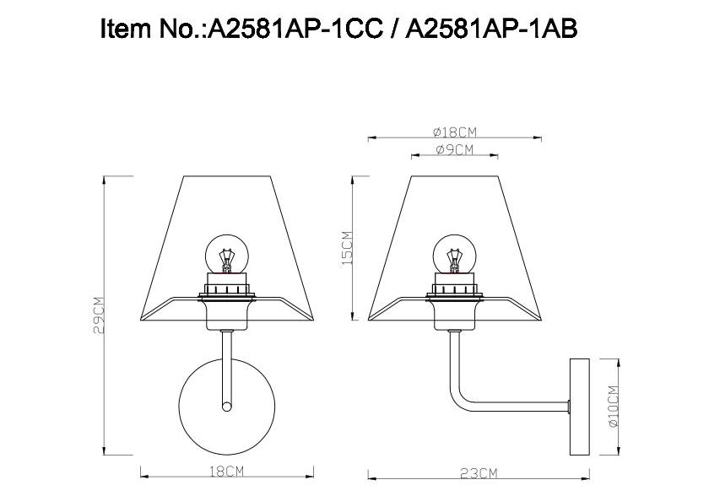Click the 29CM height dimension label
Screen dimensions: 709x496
(x=99, y=315)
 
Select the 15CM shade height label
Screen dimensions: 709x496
(x=347, y=248)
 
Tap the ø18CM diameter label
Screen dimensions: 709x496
(x=455, y=132)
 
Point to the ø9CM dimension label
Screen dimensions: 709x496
(x=455, y=149)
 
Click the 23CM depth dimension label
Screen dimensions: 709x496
(x=479, y=473)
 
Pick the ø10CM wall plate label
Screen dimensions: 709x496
(x=613, y=407)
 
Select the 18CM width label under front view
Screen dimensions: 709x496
(x=226, y=472)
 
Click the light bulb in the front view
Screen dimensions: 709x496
(x=227, y=254)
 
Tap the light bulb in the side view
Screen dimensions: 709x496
(x=455, y=254)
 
